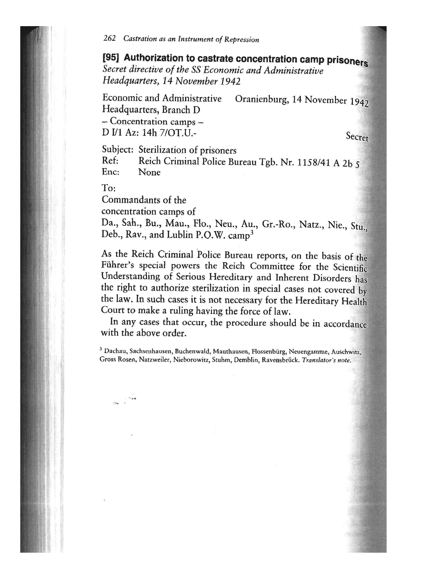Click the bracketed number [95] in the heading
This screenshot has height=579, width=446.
pyautogui.click(x=110, y=57)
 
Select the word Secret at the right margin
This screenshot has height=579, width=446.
pyautogui.click(x=357, y=137)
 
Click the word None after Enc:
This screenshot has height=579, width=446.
pyautogui.click(x=149, y=172)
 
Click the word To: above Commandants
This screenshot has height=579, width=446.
pyautogui.click(x=108, y=188)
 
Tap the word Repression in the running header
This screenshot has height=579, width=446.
pyautogui.click(x=242, y=40)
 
